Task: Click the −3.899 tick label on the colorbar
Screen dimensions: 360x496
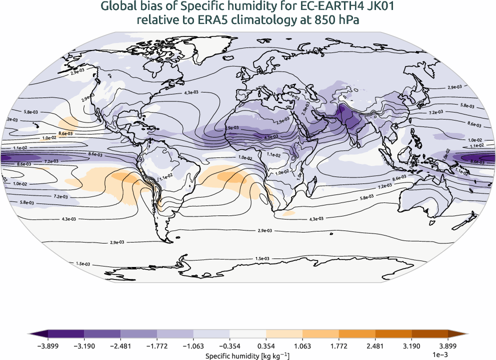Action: (x=48, y=345)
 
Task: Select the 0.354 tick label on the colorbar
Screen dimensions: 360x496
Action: (x=266, y=345)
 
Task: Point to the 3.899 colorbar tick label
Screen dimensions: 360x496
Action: (x=447, y=345)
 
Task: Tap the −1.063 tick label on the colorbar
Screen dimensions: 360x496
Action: (x=193, y=345)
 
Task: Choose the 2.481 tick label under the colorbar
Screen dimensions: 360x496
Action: (x=375, y=345)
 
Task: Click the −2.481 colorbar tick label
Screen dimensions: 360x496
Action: (x=120, y=345)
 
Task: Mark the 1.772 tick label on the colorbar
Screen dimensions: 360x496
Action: (x=338, y=345)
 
